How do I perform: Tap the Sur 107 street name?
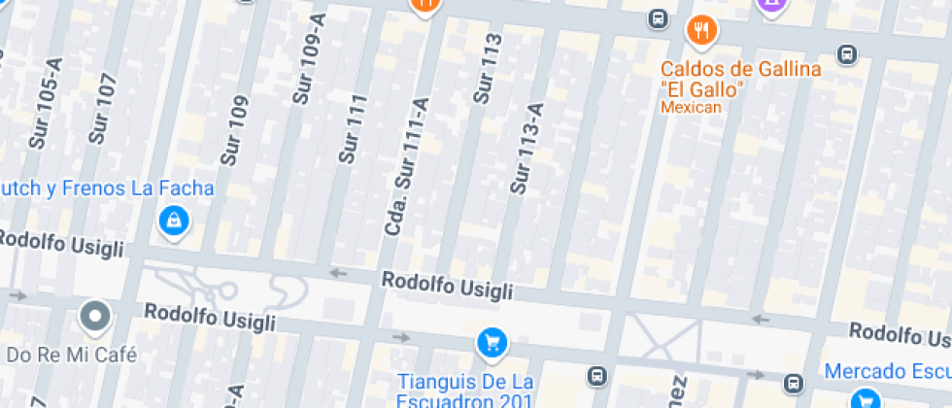pyautogui.click(x=101, y=109)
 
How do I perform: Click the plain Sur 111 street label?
pyautogui.click(x=352, y=128)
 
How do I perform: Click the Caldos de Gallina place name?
pyautogui.click(x=741, y=69)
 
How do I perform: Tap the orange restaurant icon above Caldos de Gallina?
pyautogui.click(x=699, y=30)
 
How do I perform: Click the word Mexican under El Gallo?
pyautogui.click(x=692, y=108)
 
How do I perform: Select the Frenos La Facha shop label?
pyautogui.click(x=107, y=187)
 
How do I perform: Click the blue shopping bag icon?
pyautogui.click(x=173, y=221)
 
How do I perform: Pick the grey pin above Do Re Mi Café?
pyautogui.click(x=95, y=315)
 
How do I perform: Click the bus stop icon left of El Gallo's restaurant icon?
pyautogui.click(x=658, y=17)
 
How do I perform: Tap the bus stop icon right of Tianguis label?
pyautogui.click(x=595, y=375)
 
